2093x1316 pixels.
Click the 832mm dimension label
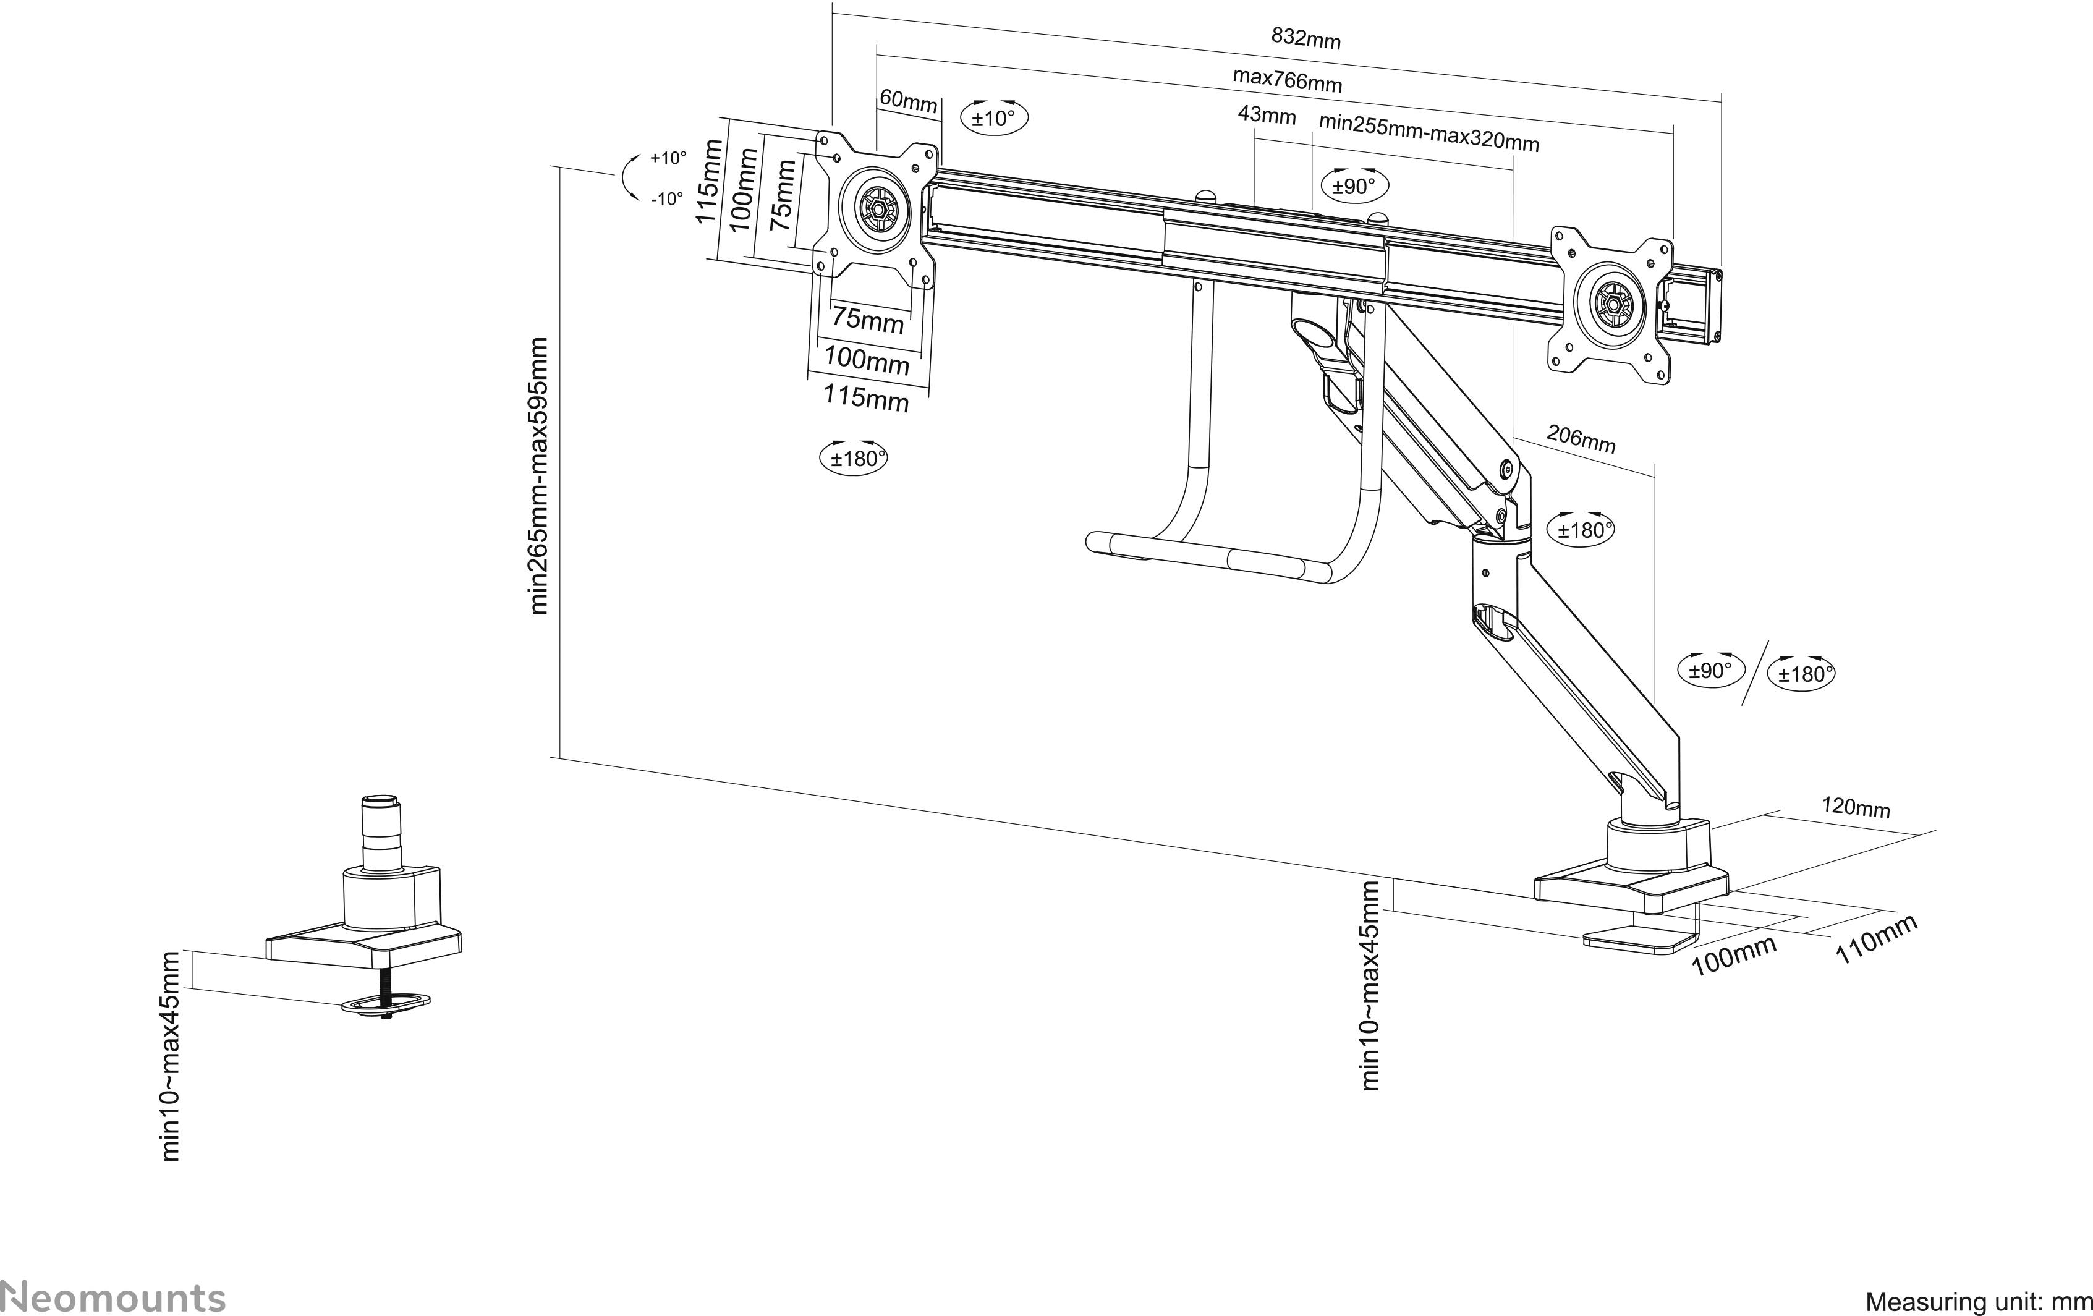click(x=1305, y=38)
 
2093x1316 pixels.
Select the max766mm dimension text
click(x=1288, y=80)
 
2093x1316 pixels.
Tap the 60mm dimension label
click(x=908, y=101)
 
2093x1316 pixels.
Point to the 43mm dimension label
click(x=1267, y=116)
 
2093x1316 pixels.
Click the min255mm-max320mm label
click(x=1428, y=133)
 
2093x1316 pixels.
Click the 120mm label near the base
click(x=1856, y=807)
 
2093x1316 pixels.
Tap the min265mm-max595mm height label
click(x=539, y=477)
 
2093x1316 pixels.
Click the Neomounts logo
click(x=113, y=1297)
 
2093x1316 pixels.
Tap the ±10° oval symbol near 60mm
click(x=993, y=118)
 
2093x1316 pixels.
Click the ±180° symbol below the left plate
click(x=854, y=458)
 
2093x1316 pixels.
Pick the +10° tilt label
click(x=668, y=158)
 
